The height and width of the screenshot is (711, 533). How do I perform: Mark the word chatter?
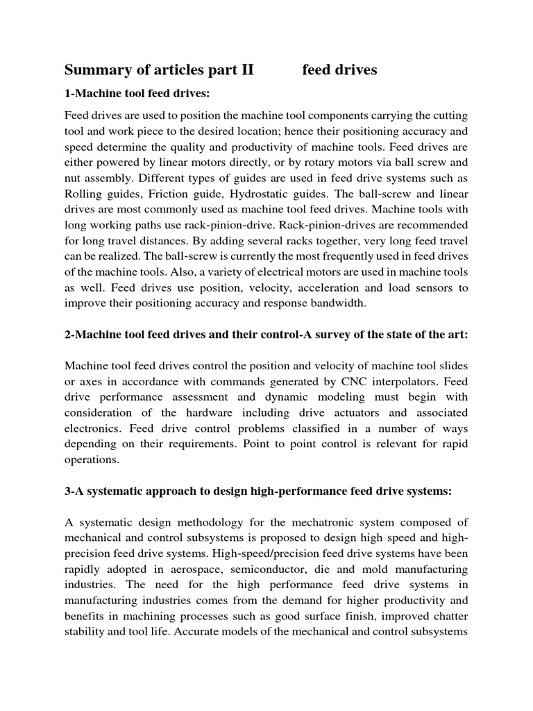447,616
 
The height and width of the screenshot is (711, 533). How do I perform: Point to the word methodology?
221,521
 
